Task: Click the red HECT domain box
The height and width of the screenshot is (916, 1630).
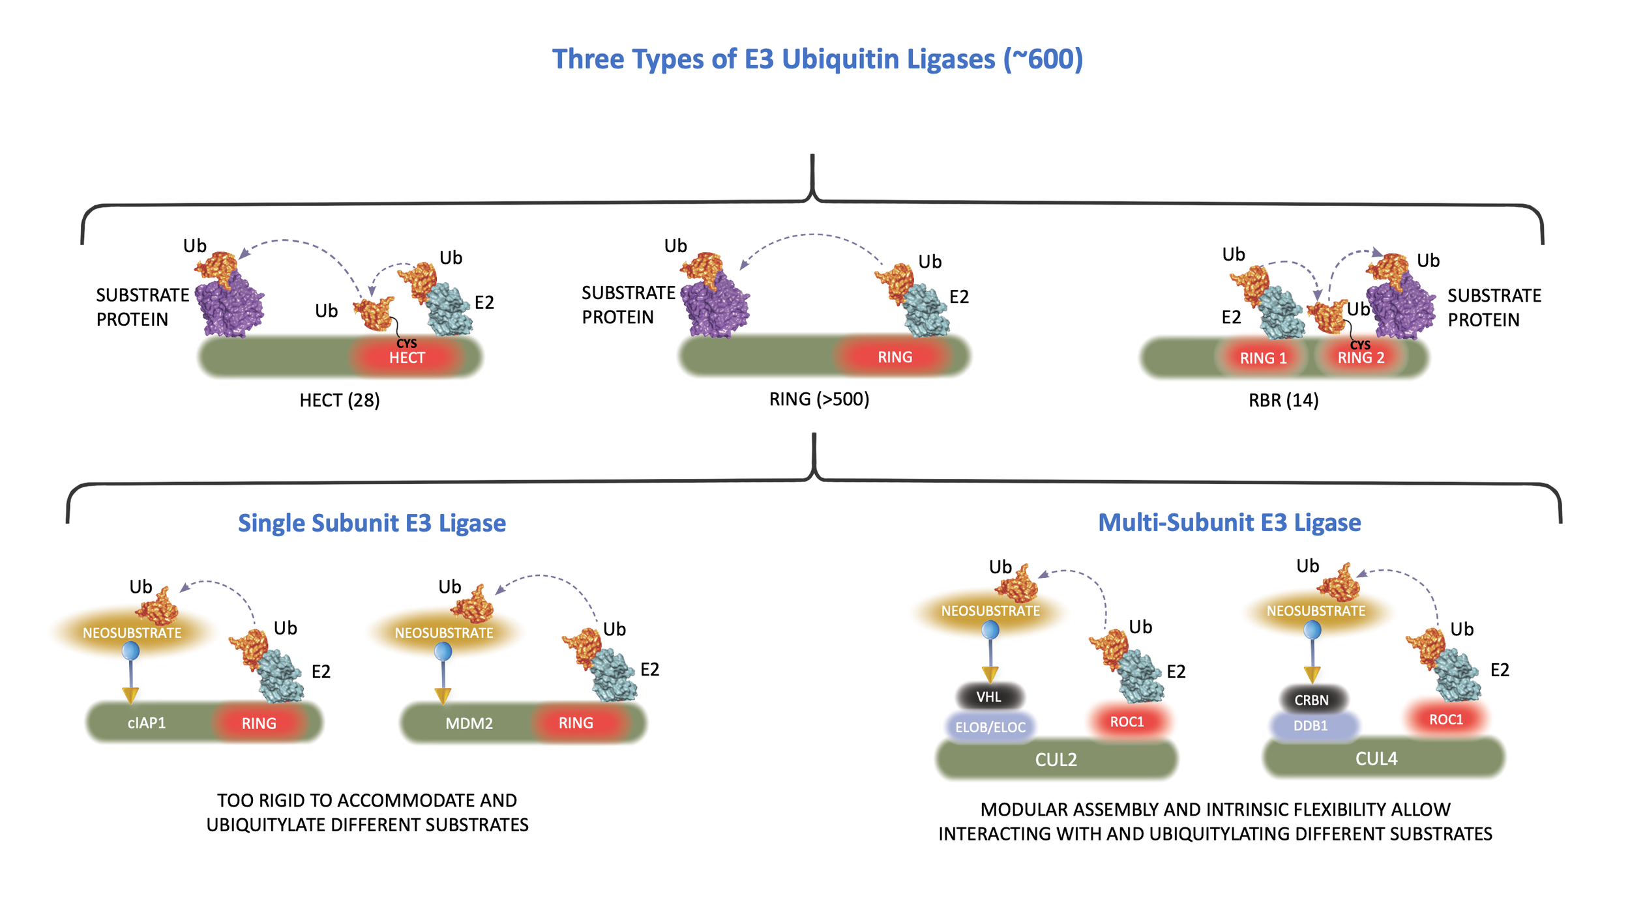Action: click(407, 357)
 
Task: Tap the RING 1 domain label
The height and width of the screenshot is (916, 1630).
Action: click(1263, 358)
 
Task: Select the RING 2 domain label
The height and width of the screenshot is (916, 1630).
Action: click(1361, 358)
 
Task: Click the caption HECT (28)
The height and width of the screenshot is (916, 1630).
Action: click(339, 400)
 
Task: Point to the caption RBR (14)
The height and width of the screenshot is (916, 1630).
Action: click(1283, 400)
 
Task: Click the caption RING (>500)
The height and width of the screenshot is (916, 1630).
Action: click(819, 399)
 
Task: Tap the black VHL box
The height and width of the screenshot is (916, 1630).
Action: click(988, 697)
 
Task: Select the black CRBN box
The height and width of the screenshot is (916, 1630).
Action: click(1311, 700)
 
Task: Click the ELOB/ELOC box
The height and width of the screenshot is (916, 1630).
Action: click(990, 727)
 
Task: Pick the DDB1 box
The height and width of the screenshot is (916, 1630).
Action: click(1311, 725)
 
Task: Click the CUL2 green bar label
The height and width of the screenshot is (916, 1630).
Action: click(1056, 760)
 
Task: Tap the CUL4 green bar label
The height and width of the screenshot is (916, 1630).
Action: click(1376, 758)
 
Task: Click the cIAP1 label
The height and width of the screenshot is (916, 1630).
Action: click(147, 723)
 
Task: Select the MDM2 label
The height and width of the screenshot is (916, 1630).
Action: click(469, 723)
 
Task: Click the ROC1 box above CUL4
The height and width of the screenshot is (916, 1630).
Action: click(1445, 719)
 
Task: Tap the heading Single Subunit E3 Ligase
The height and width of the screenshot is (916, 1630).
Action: click(372, 523)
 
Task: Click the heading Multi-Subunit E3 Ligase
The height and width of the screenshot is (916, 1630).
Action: click(1229, 522)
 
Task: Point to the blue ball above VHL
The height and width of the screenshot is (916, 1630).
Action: click(990, 629)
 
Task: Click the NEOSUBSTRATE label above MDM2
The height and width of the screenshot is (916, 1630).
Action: click(443, 633)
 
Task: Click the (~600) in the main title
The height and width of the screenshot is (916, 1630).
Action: click(1043, 59)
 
